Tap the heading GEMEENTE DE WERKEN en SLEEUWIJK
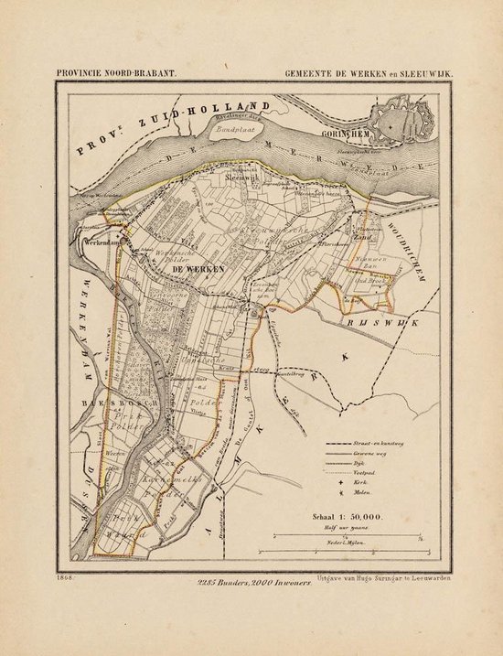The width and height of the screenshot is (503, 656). pos(368,73)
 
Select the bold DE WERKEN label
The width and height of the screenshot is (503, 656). pos(191,270)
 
